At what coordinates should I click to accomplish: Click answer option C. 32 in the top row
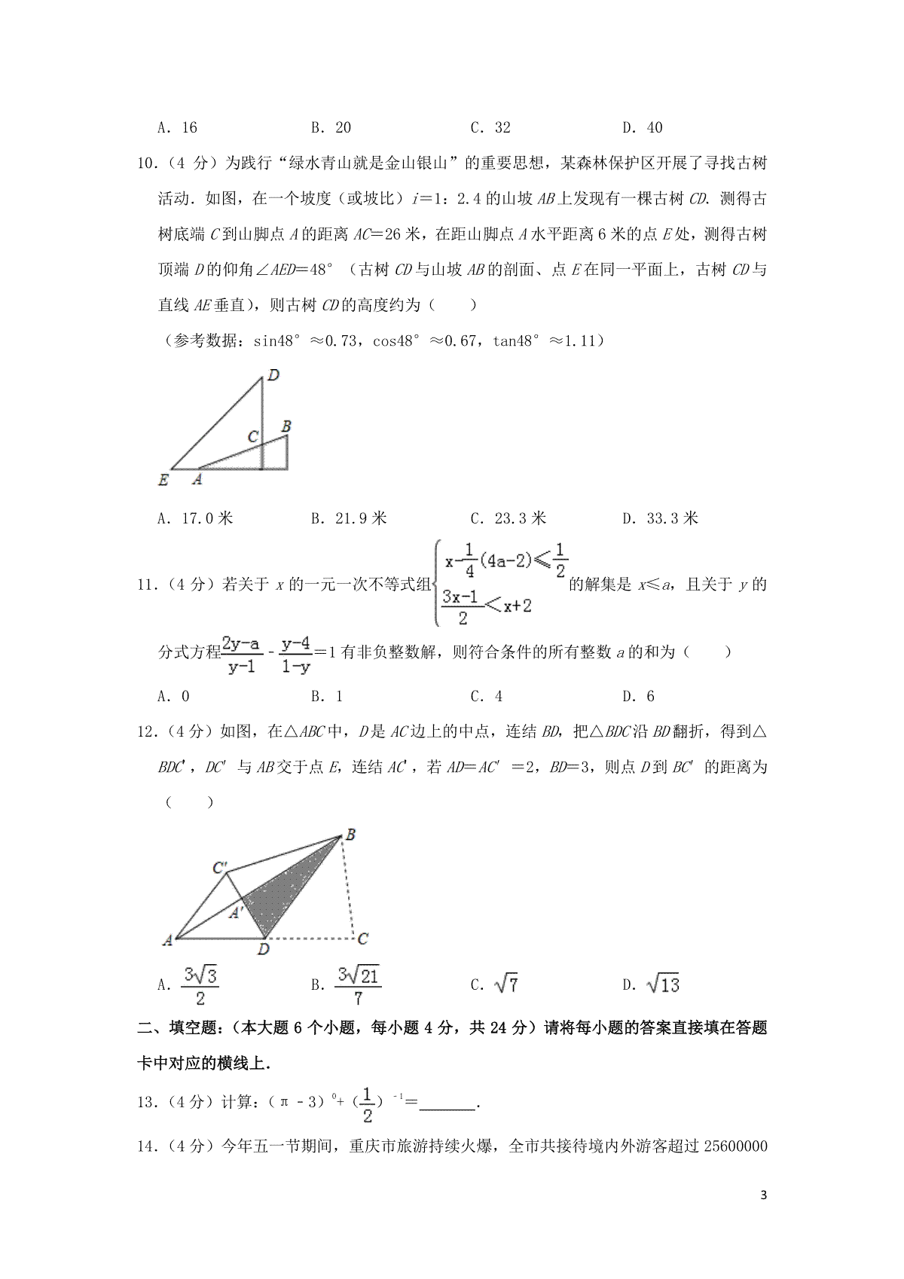[x=490, y=127]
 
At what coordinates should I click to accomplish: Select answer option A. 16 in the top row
[x=177, y=127]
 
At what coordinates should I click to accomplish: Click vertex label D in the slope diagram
[x=273, y=375]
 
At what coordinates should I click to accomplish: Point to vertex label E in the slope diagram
[x=163, y=479]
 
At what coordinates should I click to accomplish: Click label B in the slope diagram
[x=286, y=426]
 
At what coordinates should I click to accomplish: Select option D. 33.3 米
[x=660, y=518]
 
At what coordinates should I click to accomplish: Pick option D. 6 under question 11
[x=639, y=696]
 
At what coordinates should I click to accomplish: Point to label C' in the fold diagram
[x=219, y=868]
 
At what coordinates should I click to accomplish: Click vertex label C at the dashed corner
[x=362, y=939]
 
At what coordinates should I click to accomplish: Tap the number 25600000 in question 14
[x=724, y=1146]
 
